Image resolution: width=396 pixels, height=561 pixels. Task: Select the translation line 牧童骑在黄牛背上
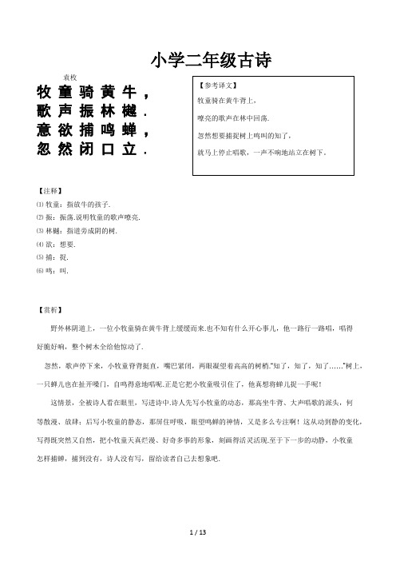click(x=224, y=101)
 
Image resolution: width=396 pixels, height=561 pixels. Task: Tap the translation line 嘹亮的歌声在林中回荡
click(x=233, y=118)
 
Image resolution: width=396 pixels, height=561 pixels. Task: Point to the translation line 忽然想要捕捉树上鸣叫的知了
click(x=244, y=134)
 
